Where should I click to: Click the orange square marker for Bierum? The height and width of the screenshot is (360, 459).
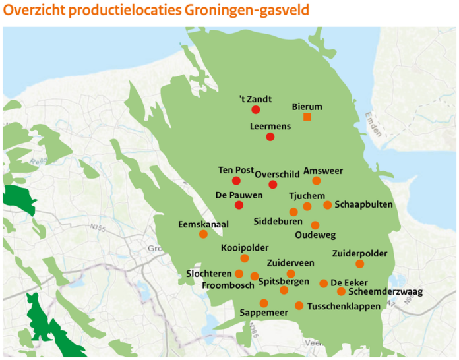click(307, 117)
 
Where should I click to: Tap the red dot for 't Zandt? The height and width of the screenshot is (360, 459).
click(256, 109)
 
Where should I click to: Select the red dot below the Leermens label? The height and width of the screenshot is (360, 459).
click(270, 136)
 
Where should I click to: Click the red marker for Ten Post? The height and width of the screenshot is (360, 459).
click(236, 181)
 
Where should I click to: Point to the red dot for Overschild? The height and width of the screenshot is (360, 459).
click(273, 184)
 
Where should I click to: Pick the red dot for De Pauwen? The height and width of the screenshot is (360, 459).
click(239, 206)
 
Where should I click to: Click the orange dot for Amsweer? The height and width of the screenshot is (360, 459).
click(317, 181)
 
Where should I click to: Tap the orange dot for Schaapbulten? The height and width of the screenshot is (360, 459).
click(328, 205)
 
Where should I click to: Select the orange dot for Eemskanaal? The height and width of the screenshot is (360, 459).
click(203, 234)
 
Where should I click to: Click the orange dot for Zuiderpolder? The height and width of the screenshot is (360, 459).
click(360, 264)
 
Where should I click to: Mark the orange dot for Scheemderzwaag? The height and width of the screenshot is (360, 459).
click(341, 291)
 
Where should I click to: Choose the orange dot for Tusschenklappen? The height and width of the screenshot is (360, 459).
click(299, 305)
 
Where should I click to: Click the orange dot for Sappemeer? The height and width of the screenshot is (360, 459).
click(264, 303)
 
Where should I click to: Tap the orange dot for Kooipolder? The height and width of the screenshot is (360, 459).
click(245, 258)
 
